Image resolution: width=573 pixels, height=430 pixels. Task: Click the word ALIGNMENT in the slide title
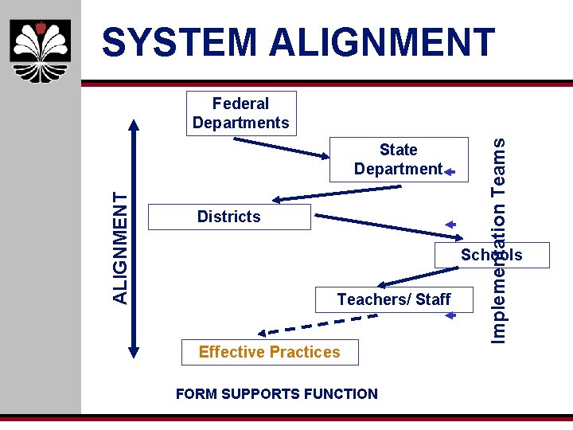click(382, 42)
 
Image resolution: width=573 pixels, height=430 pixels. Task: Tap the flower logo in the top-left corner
click(41, 49)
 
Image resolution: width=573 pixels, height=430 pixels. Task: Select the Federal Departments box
click(240, 113)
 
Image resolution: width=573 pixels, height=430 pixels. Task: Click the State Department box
click(398, 159)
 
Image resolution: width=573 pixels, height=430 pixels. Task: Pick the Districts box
click(229, 217)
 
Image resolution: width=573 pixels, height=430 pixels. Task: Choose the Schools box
click(491, 255)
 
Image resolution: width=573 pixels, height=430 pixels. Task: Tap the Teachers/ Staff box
click(393, 299)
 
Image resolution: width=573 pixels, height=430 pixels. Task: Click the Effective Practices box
click(269, 352)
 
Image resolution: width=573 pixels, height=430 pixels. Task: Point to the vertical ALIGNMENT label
click(120, 248)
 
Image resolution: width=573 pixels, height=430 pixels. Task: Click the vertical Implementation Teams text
click(499, 240)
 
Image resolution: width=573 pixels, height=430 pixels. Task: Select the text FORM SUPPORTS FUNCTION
click(277, 393)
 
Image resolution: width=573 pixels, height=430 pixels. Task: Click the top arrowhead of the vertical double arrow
click(134, 126)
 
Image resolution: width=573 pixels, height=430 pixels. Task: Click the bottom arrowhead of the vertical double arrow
click(134, 346)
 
